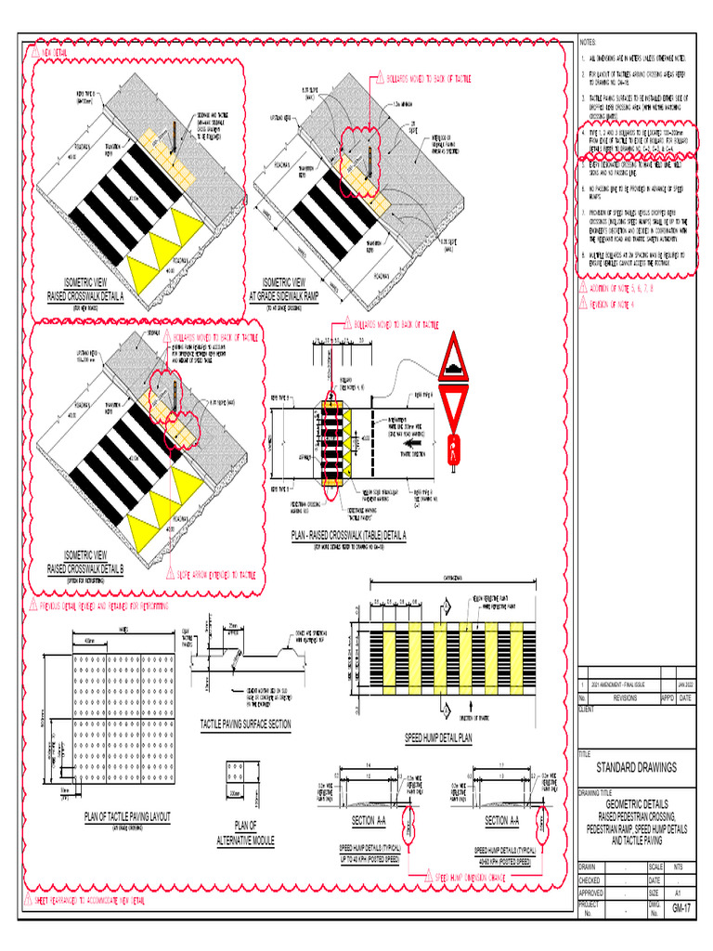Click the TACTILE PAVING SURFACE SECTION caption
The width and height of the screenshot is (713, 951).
[x=246, y=723]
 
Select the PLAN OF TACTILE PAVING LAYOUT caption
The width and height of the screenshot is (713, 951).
[x=127, y=816]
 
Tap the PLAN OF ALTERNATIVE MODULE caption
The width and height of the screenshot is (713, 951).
[x=245, y=832]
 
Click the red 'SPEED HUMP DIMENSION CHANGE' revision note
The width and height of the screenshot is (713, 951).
[x=470, y=876]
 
